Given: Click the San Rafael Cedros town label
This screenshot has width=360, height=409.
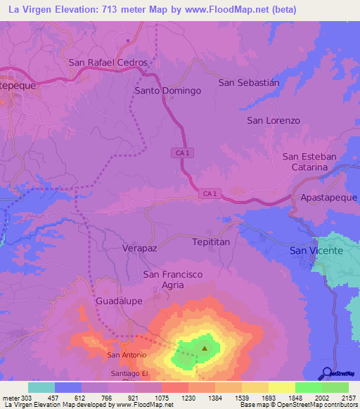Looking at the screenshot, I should [x=108, y=63].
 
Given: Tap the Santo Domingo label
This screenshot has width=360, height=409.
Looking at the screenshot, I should [x=167, y=91].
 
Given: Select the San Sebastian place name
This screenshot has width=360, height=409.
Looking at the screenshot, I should [x=249, y=82].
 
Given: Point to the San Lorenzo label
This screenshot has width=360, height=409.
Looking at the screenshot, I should [x=274, y=120].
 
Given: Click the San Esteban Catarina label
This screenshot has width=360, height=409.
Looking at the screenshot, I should [x=310, y=162].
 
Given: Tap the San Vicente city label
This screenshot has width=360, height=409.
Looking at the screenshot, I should [x=317, y=250].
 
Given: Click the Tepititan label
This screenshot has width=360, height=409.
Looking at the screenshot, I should [x=211, y=242].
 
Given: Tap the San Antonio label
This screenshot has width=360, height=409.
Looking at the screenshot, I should [x=127, y=355].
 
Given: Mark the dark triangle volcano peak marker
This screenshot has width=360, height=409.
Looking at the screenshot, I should [x=205, y=347].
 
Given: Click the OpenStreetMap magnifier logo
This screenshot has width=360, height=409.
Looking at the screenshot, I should [x=326, y=373].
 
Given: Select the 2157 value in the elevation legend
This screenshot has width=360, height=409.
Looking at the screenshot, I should [x=348, y=398].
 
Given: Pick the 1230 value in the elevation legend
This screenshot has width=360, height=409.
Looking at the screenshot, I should [x=188, y=398].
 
